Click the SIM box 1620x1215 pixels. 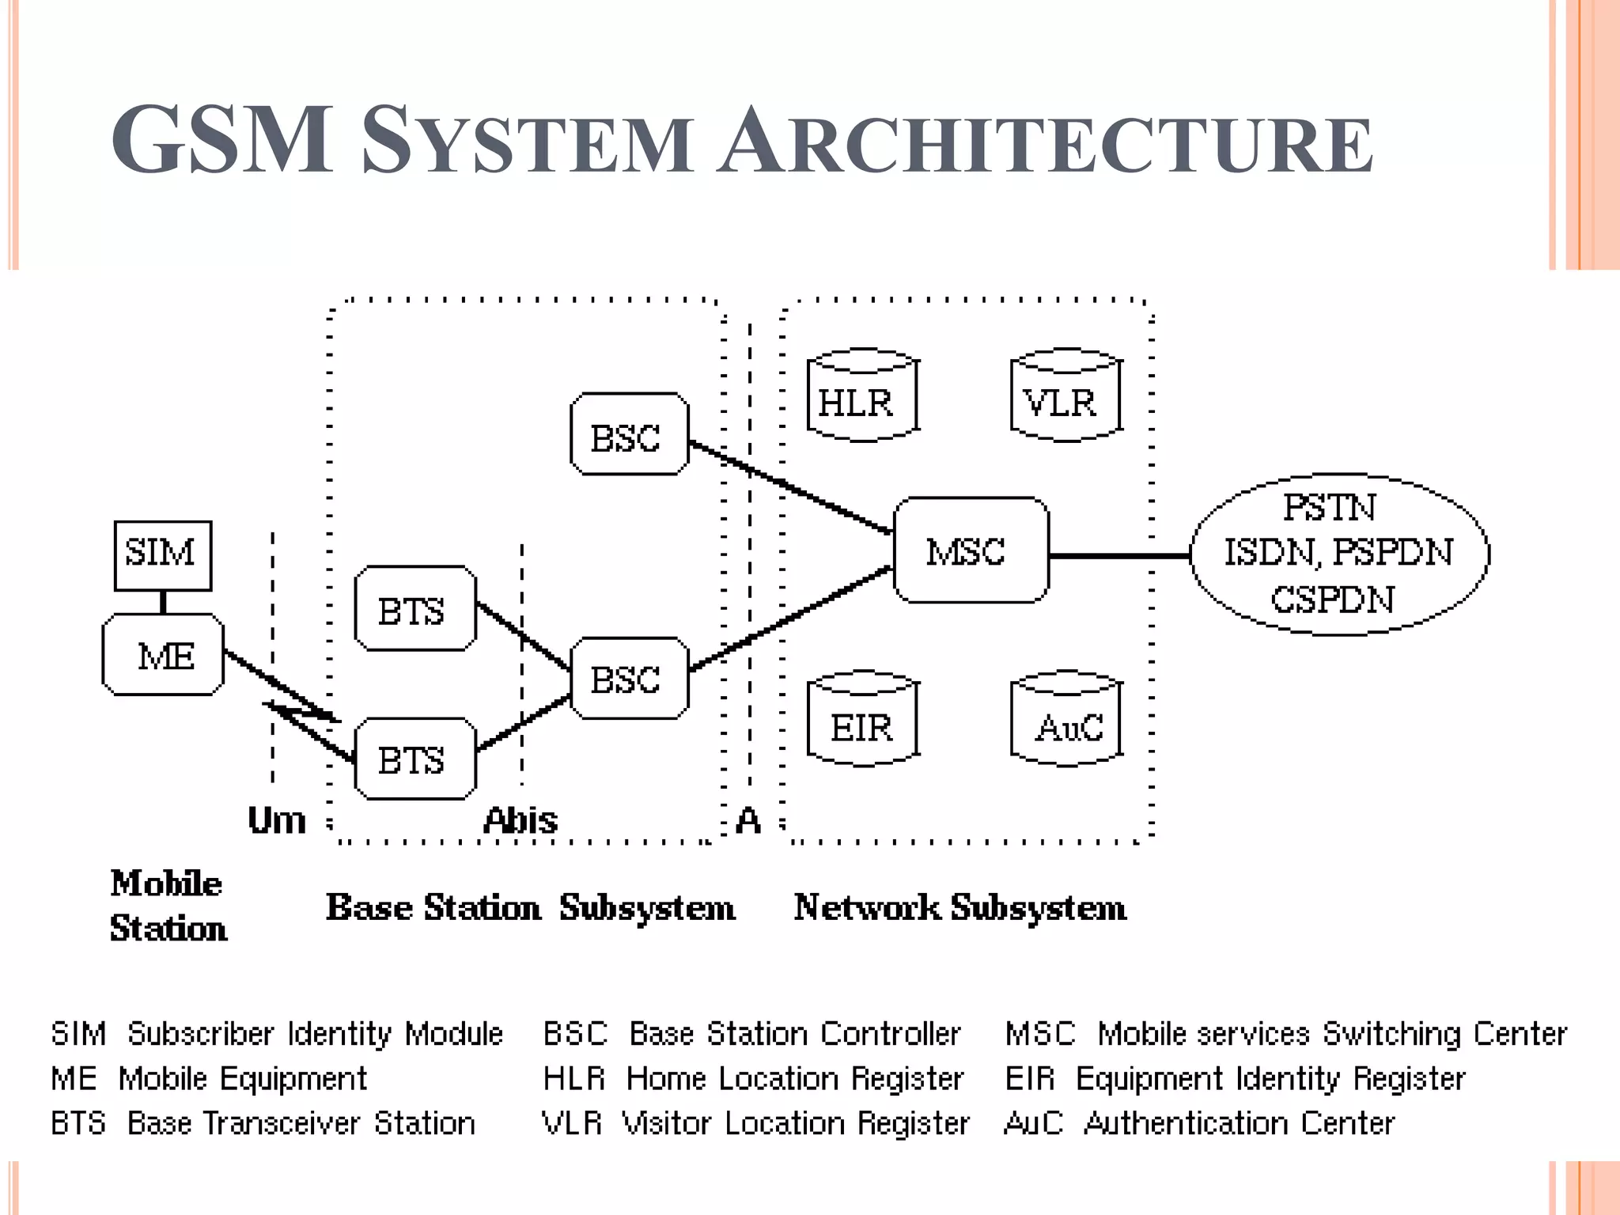click(x=162, y=555)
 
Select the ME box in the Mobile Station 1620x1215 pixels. click(x=163, y=655)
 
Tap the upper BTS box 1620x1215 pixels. click(x=414, y=609)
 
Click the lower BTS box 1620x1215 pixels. click(x=414, y=759)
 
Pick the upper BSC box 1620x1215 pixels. click(x=629, y=434)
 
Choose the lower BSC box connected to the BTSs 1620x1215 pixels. click(x=629, y=679)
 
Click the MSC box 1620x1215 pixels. click(x=971, y=551)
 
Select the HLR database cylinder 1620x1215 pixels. click(x=861, y=396)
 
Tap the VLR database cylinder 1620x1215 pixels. click(x=1065, y=396)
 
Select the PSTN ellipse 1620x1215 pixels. click(x=1339, y=554)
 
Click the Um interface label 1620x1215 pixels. click(x=276, y=820)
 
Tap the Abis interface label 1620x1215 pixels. click(x=520, y=820)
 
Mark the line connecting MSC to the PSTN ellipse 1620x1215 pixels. click(x=1119, y=556)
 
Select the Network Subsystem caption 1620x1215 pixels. click(x=960, y=907)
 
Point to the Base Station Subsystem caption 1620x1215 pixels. click(x=530, y=907)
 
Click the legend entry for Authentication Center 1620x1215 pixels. click(x=1198, y=1123)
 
